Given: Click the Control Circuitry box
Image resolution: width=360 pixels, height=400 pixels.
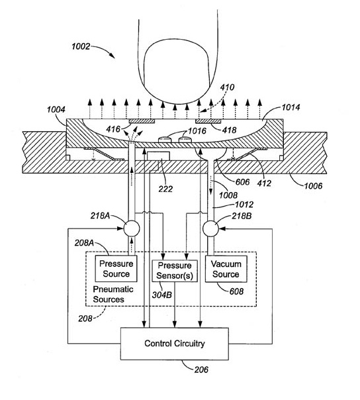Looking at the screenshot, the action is click(175, 344).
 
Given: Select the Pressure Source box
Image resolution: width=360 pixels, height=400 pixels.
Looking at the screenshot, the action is click(116, 269).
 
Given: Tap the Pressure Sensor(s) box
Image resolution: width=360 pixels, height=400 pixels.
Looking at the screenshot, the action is click(175, 271).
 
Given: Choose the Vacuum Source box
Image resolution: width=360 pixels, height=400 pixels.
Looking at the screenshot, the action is click(226, 269).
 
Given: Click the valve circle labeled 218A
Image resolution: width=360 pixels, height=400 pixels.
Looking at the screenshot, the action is click(132, 228).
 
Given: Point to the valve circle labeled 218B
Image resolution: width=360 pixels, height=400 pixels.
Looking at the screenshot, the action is click(210, 228).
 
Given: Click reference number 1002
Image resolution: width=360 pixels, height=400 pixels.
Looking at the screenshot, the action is click(81, 46).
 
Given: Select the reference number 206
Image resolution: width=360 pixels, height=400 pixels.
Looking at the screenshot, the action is click(201, 370).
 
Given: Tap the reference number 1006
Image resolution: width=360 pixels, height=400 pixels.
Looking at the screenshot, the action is click(313, 185).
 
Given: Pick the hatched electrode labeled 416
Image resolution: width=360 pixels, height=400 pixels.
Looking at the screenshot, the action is click(142, 121).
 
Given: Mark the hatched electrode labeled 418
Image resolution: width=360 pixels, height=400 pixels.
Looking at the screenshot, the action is click(208, 121).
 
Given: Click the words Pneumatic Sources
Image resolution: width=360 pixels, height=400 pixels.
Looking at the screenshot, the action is click(113, 294).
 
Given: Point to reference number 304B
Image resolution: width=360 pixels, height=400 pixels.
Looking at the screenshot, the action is click(162, 295).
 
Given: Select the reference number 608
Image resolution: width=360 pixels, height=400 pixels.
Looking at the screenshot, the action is click(236, 291).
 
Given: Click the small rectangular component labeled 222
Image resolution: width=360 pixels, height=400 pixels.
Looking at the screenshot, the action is click(158, 156).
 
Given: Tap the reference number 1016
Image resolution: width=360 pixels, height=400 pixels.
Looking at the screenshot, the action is click(197, 131).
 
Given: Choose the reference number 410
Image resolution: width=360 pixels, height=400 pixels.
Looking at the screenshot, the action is click(227, 87).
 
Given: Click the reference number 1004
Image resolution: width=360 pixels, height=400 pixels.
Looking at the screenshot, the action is click(56, 110).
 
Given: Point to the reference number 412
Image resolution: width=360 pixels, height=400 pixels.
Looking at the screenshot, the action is click(264, 183).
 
